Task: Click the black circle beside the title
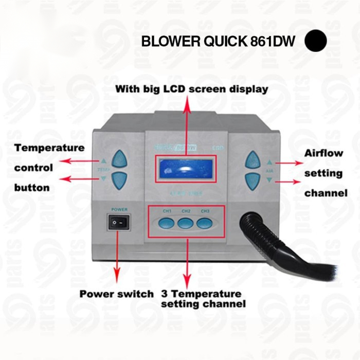316,41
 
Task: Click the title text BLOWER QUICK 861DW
218,42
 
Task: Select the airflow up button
253,158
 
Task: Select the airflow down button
253,179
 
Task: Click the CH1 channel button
167,223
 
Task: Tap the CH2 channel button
186,223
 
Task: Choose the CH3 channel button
205,223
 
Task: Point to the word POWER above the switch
119,210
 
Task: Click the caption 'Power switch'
116,294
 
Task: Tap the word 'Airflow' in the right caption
323,153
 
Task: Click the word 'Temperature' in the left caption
49,148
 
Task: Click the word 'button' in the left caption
32,188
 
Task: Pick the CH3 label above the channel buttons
205,211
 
